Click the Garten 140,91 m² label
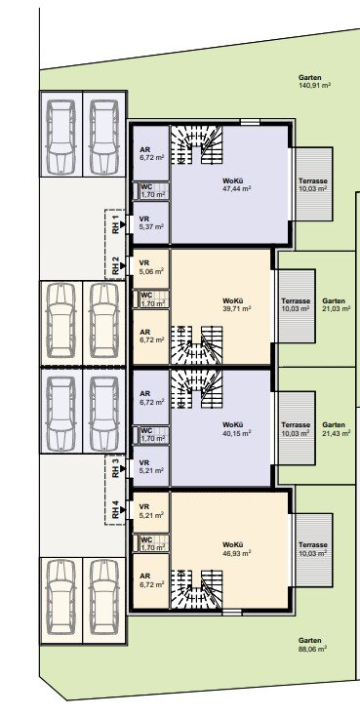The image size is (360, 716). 314,81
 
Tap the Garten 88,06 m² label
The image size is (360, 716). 312,645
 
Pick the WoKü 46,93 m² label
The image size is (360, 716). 237,549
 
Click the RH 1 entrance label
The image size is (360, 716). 116,224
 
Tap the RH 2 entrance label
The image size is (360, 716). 116,265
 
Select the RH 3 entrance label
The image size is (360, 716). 116,468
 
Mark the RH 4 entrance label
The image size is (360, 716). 116,509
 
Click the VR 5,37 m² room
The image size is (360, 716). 151,222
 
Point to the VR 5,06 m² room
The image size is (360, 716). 151,269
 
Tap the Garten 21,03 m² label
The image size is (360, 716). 337,304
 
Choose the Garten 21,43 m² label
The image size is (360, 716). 337,428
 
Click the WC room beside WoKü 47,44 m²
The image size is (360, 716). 151,191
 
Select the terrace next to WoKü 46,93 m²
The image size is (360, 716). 313,550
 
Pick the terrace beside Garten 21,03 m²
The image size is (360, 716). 297,306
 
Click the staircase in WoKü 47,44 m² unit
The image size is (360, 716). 197,144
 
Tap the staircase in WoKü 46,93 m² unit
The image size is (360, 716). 197,589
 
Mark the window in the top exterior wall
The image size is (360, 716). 251,122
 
